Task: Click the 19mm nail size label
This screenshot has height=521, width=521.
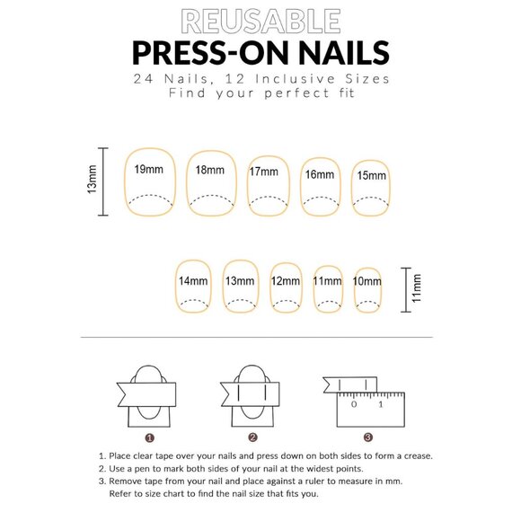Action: (148, 170)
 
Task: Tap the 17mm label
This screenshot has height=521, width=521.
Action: (264, 172)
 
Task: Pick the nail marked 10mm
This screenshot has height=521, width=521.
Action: (367, 290)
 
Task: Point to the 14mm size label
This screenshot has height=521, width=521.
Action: (193, 281)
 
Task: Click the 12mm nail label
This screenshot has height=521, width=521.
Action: (286, 281)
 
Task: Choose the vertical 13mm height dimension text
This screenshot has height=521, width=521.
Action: (92, 180)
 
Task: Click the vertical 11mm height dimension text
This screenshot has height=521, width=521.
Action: (416, 288)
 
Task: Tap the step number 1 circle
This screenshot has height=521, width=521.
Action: (150, 438)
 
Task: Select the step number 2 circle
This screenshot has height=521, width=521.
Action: (252, 437)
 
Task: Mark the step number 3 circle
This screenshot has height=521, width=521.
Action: (367, 437)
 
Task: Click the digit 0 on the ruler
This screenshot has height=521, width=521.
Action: (354, 404)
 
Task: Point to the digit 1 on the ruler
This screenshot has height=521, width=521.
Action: (381, 404)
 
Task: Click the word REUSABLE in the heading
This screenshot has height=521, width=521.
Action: (260, 22)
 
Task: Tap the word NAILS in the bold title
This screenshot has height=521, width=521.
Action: (344, 52)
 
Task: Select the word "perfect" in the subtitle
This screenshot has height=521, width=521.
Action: (296, 93)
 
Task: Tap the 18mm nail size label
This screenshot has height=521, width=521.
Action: (209, 170)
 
